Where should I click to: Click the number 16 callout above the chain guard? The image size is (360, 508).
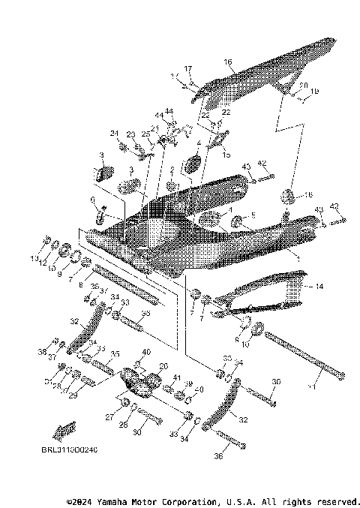point(228,62)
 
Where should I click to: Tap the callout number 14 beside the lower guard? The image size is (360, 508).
point(318,287)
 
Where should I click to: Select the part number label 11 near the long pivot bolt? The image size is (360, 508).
point(313,386)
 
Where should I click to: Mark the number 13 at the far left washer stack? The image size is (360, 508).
point(34,259)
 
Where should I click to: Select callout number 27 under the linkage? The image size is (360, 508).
point(109,416)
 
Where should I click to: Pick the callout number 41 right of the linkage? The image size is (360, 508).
point(177,377)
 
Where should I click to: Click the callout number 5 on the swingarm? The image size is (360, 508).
point(253,215)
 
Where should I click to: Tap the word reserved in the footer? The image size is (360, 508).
point(337,500)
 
